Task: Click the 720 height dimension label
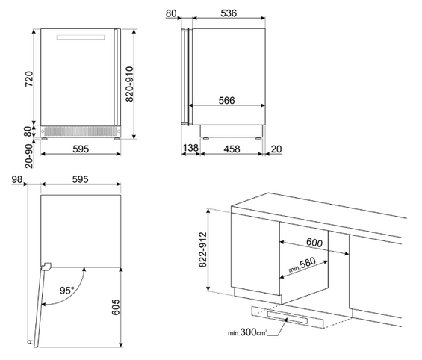29,79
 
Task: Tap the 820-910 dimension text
130,84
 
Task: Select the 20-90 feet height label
29,156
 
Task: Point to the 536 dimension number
229,13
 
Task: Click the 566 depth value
226,100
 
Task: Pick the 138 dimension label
190,148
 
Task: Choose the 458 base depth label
232,149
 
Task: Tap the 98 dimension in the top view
17,179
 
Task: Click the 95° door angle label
66,291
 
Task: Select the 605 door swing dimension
116,307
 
